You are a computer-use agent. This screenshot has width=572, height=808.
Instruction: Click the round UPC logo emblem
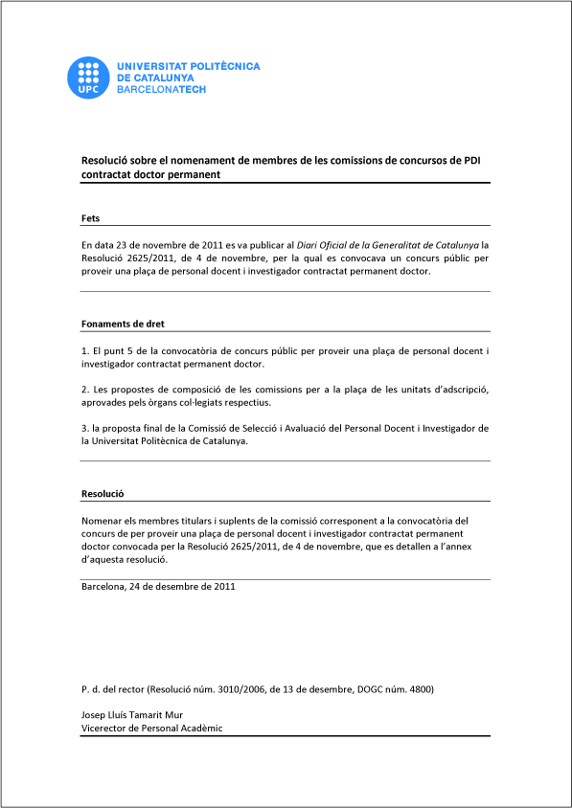click(88, 78)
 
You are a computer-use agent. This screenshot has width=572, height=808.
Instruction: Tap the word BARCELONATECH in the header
click(161, 89)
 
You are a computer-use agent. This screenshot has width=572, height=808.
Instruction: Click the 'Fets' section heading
click(91, 219)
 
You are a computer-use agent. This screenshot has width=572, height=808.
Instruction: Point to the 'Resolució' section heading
click(103, 494)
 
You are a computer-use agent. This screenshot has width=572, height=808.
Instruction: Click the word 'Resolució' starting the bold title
click(105, 161)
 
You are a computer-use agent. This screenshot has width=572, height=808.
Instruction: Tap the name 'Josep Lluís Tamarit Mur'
click(132, 714)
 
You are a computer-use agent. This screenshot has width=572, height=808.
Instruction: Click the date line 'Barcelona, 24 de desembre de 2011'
click(158, 586)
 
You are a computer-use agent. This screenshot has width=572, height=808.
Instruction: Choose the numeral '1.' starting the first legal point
click(85, 351)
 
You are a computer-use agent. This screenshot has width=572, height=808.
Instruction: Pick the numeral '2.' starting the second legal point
click(85, 390)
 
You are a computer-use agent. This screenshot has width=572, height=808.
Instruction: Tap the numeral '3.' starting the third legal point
click(85, 428)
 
